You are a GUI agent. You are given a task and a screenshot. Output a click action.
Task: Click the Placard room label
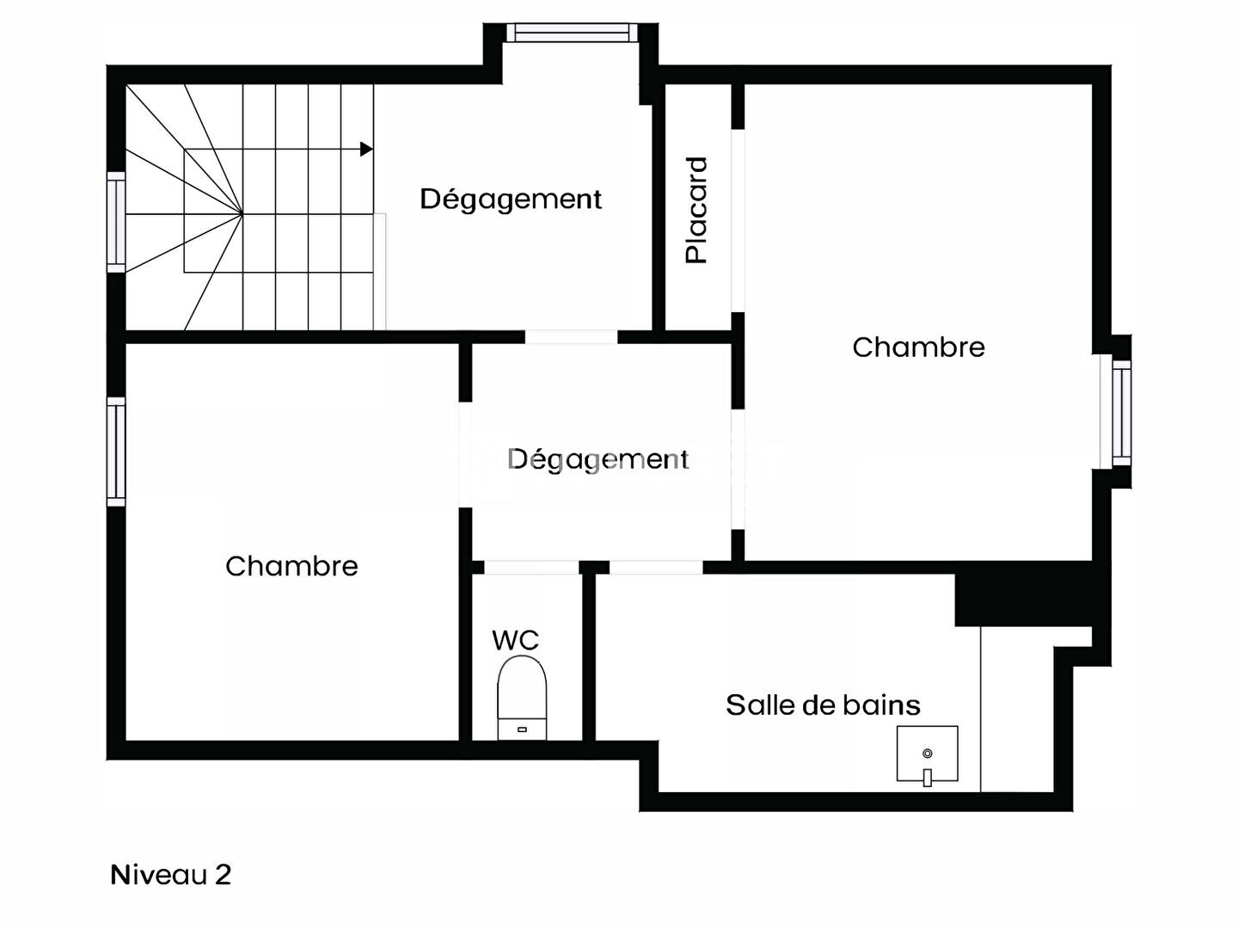(696, 211)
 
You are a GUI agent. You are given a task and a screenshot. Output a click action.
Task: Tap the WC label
(516, 640)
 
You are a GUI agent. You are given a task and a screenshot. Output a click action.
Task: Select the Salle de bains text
(823, 705)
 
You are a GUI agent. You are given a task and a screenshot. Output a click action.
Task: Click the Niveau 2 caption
(170, 875)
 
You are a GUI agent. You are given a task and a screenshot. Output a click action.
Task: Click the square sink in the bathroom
(928, 754)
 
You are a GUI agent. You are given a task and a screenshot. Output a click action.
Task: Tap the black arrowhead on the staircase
(366, 149)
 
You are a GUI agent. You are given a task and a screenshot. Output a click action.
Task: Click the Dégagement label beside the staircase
(511, 199)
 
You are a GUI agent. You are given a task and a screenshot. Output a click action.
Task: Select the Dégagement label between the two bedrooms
(598, 459)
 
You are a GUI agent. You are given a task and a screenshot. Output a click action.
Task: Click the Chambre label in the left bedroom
(291, 566)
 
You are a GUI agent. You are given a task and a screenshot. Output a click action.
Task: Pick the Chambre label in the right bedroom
(919, 348)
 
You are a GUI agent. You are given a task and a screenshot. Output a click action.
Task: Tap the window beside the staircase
(116, 222)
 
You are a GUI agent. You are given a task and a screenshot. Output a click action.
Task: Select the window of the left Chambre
(116, 452)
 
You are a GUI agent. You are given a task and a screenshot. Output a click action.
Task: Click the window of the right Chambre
(1122, 412)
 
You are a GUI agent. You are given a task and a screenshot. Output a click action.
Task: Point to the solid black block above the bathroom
(1024, 600)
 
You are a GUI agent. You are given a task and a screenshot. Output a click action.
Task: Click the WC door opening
(532, 568)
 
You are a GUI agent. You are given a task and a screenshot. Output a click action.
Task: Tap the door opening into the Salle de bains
(656, 568)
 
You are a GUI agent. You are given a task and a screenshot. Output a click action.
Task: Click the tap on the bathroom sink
(928, 777)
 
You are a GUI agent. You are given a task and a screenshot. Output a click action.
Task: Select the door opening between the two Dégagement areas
(572, 337)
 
